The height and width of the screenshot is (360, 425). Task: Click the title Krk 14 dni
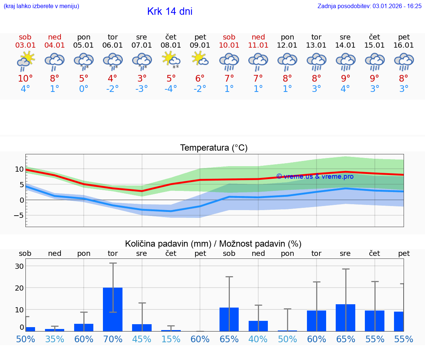pos(170,11)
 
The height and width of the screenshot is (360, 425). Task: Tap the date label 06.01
pos(113,45)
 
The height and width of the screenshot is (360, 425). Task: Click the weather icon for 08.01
pos(171,59)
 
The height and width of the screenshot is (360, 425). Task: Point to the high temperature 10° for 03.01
pos(25,79)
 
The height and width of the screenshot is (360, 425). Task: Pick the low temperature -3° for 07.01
pos(141,89)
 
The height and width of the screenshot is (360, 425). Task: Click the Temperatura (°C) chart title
pos(214,148)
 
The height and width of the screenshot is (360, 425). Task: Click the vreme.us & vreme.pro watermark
pos(315,176)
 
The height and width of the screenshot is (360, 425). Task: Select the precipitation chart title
pos(213,244)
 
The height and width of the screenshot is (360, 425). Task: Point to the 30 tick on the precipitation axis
pos(19,266)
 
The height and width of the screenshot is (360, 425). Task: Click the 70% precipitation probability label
pos(113,339)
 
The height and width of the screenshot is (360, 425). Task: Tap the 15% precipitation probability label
pos(171,339)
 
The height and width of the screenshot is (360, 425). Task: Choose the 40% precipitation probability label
pos(258,339)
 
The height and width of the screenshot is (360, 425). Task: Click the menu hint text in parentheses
pos(41,6)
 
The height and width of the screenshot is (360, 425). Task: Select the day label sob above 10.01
pos(229,37)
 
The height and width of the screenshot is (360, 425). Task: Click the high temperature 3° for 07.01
pos(142,79)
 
